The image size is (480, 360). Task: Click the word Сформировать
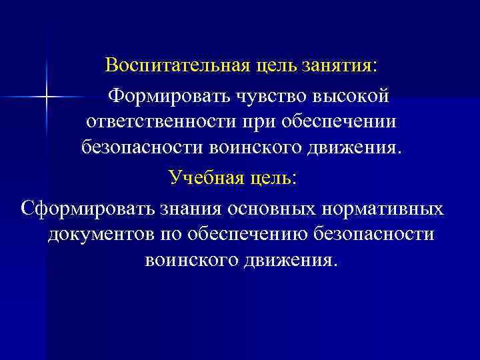click(x=87, y=208)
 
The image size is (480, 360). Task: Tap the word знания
click(x=192, y=208)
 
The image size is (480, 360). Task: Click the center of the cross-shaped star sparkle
click(x=47, y=97)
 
